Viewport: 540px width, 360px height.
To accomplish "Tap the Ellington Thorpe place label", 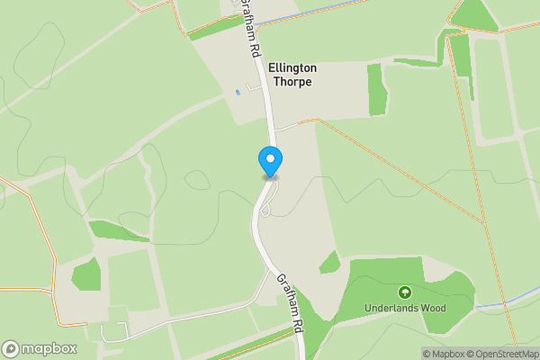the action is coord(292,75).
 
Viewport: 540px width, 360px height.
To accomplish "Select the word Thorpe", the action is coord(292,82).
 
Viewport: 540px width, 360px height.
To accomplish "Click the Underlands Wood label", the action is coord(405,308).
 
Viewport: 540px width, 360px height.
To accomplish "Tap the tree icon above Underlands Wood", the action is coord(405,292).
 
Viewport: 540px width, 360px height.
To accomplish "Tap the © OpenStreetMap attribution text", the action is coord(502,354).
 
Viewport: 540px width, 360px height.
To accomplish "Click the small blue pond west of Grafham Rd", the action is coord(238,92).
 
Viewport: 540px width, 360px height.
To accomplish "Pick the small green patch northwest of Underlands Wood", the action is coord(330,262).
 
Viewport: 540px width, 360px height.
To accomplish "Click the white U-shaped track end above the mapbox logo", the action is coord(108,333).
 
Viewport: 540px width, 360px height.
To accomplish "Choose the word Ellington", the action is coord(292,67).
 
